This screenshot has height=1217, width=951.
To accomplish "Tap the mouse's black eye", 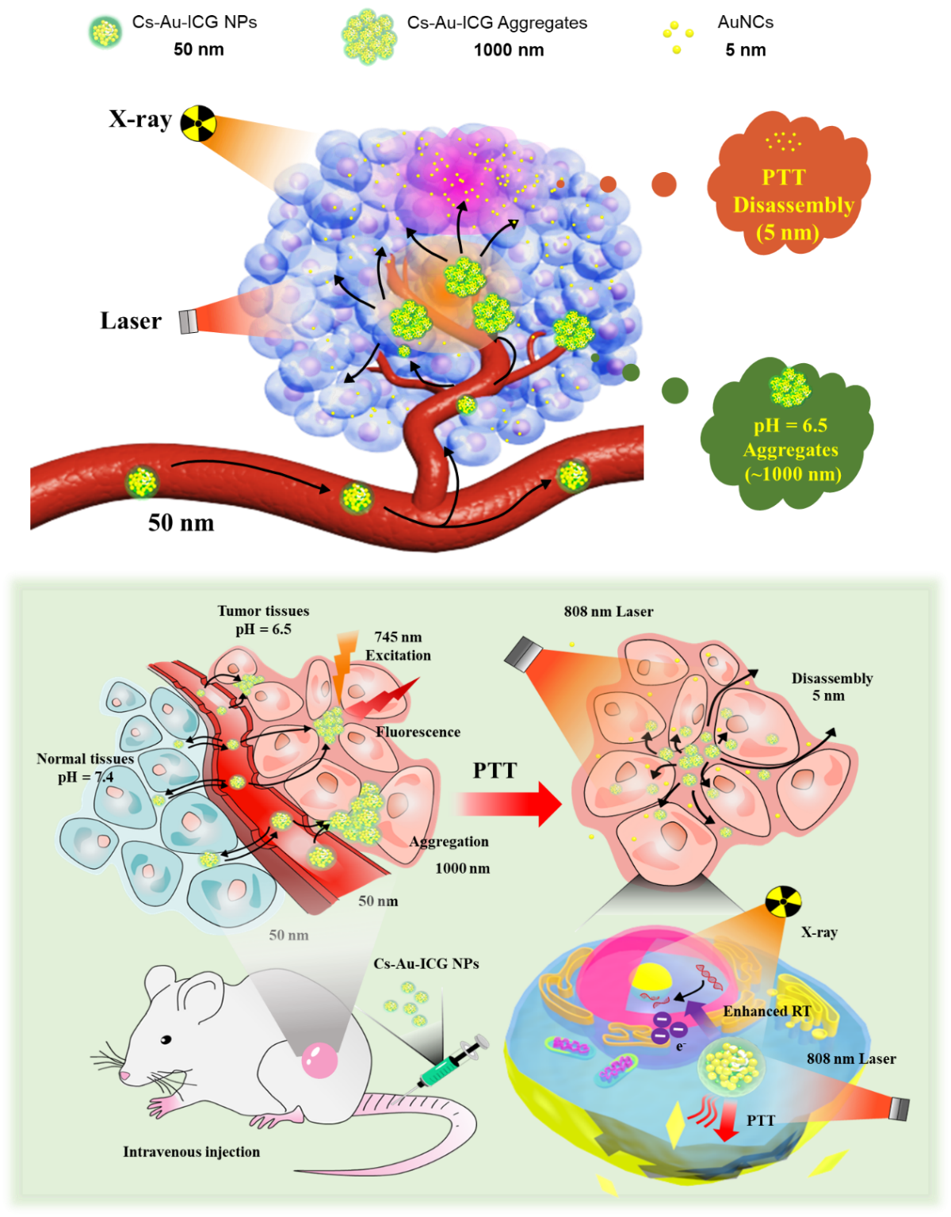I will (x=166, y=1040).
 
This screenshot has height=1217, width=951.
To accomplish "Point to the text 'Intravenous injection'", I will (x=191, y=1152).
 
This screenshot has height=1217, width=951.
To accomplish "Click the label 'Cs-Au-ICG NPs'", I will (x=426, y=964).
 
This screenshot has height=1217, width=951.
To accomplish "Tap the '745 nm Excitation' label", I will (x=398, y=646).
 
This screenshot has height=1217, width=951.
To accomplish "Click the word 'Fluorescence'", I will (x=418, y=732).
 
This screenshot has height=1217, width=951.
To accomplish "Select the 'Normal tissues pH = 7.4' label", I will (x=85, y=767).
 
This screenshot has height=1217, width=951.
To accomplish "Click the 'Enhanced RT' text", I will (x=766, y=1011).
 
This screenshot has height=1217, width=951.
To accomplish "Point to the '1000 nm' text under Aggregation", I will (x=462, y=868).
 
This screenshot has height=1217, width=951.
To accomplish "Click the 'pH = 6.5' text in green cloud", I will (x=790, y=426).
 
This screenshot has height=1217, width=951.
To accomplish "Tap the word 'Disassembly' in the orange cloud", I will (x=793, y=205).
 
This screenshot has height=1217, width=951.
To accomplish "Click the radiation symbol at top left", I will (x=199, y=124).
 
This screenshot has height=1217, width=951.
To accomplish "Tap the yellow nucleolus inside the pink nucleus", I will (x=651, y=978).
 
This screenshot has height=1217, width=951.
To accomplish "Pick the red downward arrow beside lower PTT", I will (x=725, y=1127).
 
